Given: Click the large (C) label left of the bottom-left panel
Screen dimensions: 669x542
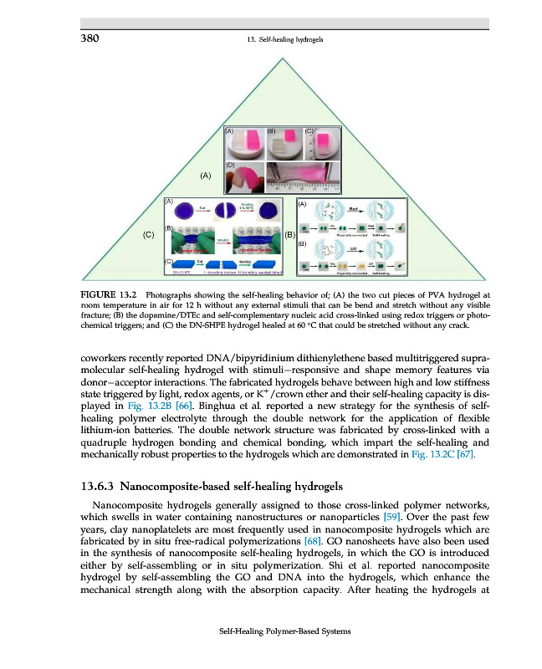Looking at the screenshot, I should pos(149,235).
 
